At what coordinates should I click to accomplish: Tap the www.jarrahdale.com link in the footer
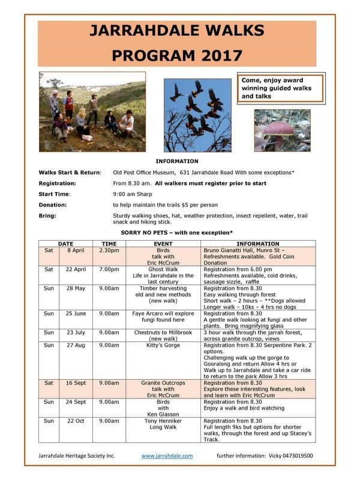[167, 456]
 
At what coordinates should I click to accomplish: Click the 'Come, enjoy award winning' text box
[281, 88]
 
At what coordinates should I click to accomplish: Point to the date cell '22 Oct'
[76, 421]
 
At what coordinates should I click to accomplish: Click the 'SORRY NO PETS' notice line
[177, 232]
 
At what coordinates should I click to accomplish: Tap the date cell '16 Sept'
[76, 383]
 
